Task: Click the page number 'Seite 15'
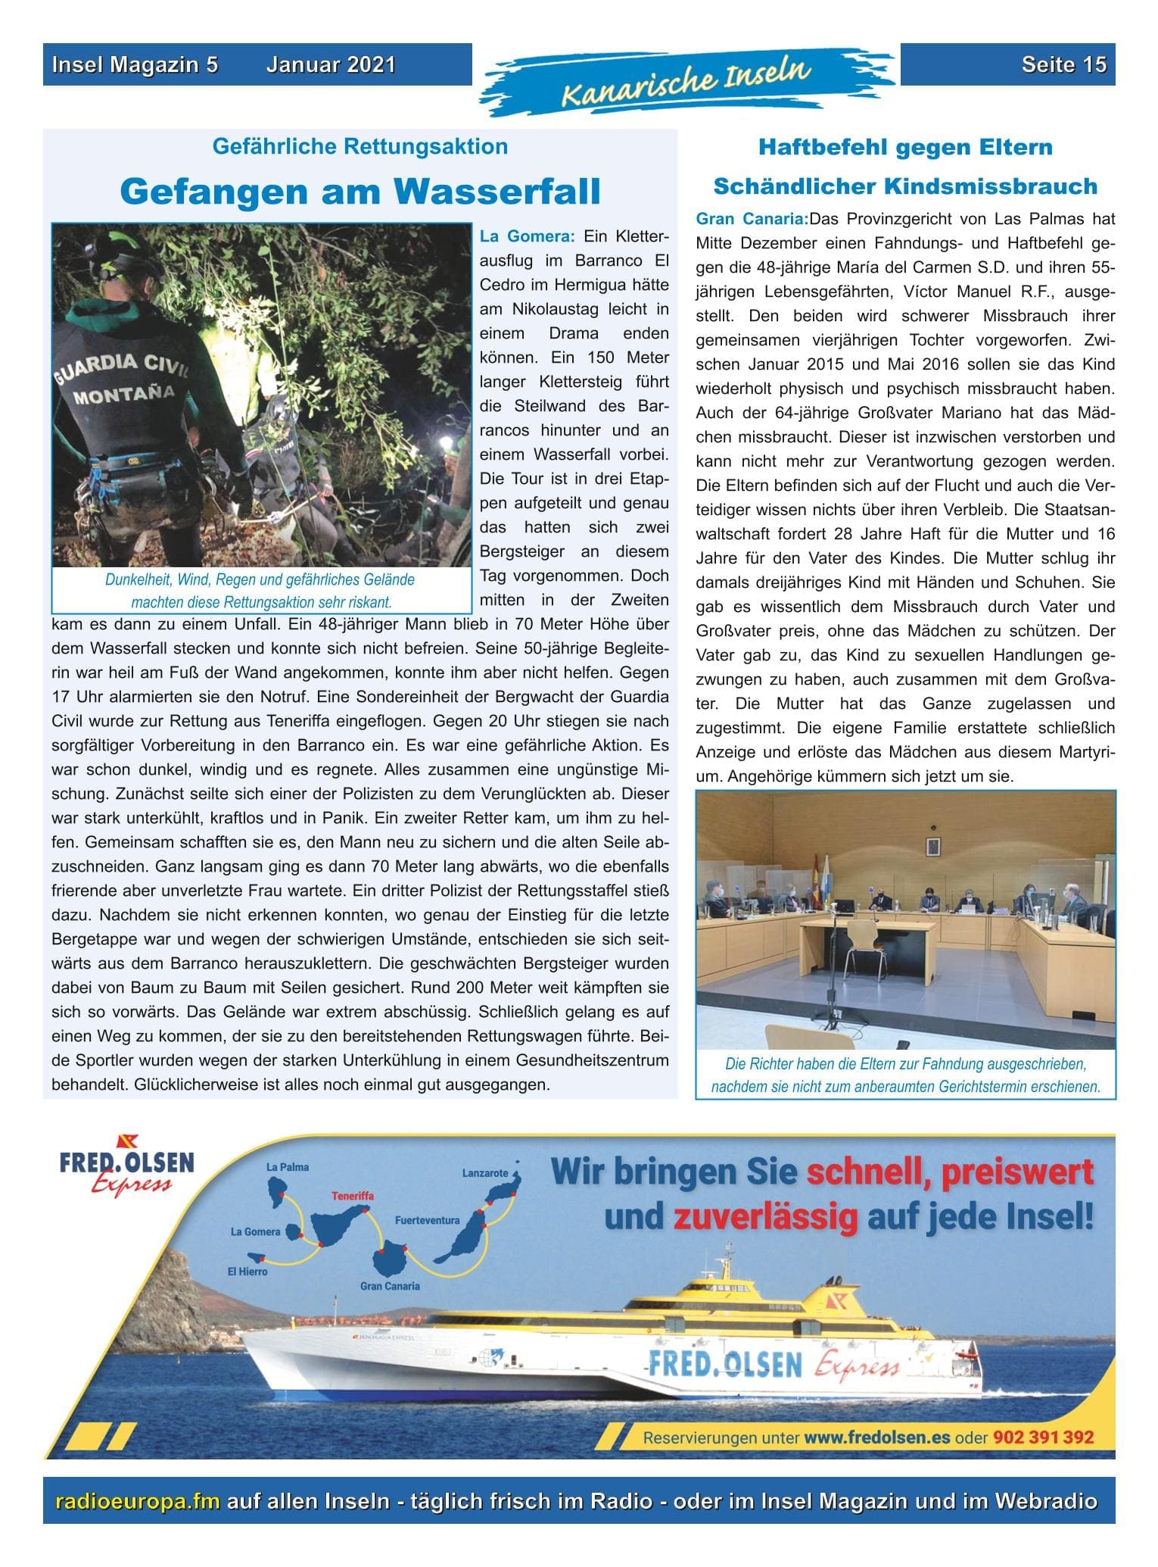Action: tap(1063, 64)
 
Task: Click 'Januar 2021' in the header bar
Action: tap(331, 64)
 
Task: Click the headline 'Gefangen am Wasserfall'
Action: tap(360, 192)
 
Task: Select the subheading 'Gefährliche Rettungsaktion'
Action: tap(360, 146)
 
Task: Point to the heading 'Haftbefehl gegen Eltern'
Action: tap(905, 147)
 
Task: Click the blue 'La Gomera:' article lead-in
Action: tap(528, 236)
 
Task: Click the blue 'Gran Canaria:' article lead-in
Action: tap(752, 219)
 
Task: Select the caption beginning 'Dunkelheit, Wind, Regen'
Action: tap(260, 591)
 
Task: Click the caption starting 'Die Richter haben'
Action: tap(905, 1075)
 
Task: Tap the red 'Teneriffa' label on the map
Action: tap(352, 1196)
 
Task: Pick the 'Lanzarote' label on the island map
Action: tap(485, 1173)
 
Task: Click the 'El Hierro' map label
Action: tap(247, 1272)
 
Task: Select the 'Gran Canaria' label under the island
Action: tap(390, 1286)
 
